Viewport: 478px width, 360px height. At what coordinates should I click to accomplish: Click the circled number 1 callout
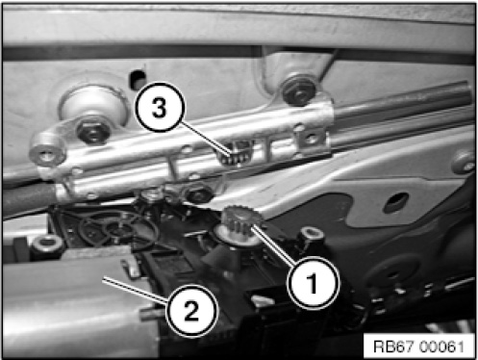(314, 283)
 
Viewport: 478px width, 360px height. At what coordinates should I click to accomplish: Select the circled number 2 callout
(191, 311)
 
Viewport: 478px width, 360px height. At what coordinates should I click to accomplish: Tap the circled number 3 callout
(160, 107)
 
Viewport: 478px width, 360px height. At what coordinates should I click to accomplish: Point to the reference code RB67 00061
(418, 347)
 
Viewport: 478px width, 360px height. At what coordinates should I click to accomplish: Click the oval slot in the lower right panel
(396, 202)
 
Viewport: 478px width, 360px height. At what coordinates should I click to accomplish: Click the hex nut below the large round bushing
(93, 130)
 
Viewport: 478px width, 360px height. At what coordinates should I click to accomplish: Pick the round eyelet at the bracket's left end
(47, 152)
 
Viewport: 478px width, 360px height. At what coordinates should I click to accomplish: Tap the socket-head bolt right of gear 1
(311, 237)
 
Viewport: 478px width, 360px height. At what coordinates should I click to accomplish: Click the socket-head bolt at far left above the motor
(47, 245)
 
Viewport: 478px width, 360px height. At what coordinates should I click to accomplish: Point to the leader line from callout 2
(136, 291)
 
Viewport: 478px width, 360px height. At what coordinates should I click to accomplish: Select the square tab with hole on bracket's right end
(310, 140)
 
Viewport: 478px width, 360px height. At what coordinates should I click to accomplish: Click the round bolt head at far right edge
(464, 163)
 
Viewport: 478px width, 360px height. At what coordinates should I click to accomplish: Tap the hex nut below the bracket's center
(197, 192)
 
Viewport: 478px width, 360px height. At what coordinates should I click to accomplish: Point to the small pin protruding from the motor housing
(151, 315)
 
